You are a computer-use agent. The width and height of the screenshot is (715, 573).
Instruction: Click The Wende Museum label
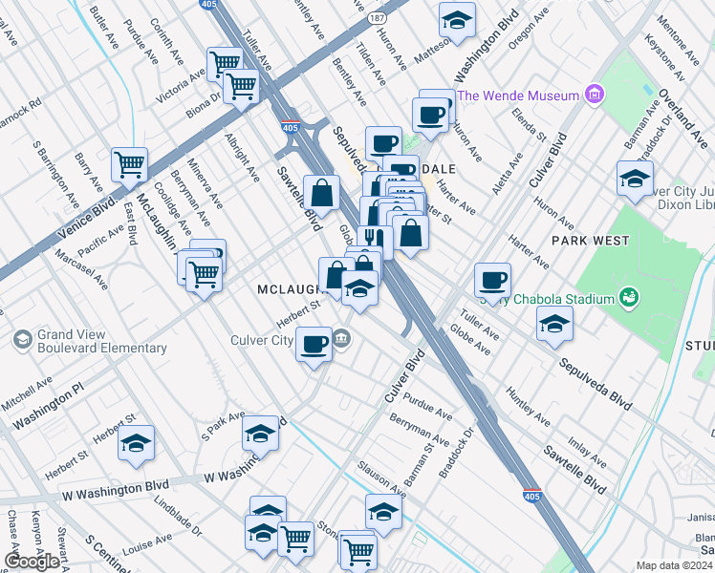(518, 95)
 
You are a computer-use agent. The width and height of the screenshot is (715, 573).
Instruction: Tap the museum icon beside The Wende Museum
(596, 95)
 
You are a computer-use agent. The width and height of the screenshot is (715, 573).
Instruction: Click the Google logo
(32, 562)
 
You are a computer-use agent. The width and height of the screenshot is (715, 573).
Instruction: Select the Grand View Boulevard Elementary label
(101, 342)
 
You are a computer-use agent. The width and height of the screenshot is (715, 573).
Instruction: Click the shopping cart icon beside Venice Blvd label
(129, 163)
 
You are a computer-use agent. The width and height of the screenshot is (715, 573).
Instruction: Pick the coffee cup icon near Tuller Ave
(492, 280)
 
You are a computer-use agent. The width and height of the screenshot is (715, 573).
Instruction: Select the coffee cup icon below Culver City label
(314, 344)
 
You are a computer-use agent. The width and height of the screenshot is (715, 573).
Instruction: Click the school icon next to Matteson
(457, 18)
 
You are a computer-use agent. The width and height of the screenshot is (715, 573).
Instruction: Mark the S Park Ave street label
(223, 426)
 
